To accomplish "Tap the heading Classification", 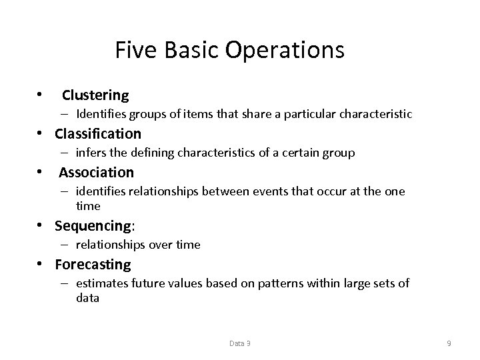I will coord(98,133).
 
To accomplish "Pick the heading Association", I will coord(96,173).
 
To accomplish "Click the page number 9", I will coord(449,343).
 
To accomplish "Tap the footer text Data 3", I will coord(240,343).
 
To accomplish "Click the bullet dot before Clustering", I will coord(41,94).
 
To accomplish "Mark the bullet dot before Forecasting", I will coord(41,263).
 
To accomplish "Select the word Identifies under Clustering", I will coord(101,114).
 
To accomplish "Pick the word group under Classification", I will coord(339,153).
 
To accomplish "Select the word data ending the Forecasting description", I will coord(87,298).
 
